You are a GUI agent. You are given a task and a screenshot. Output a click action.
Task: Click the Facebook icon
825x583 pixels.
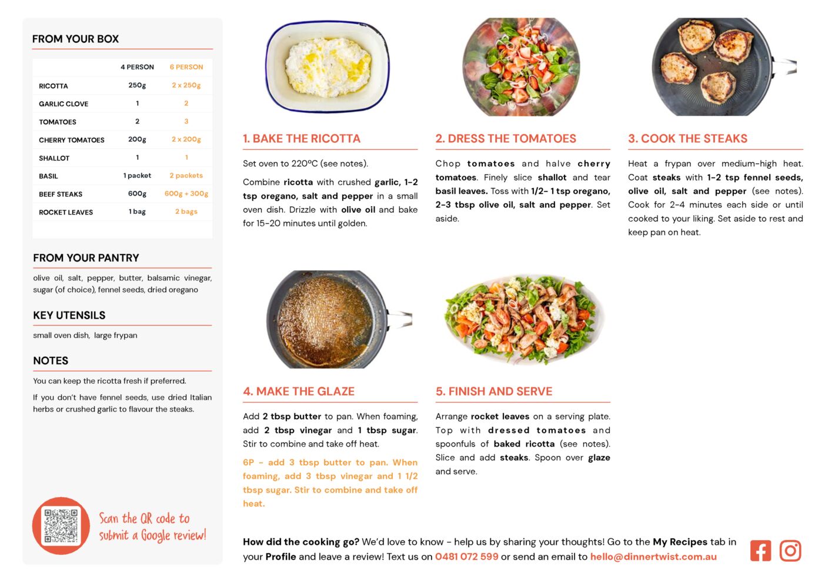coord(760,550)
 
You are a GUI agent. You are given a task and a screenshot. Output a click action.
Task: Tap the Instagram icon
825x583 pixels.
coord(790,550)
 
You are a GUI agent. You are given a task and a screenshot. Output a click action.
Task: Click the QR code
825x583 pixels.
coord(61,525)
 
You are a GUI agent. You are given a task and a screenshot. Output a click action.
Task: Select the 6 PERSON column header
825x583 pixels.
coord(186,67)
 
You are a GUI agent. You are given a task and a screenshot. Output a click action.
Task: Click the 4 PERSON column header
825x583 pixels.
coord(137,67)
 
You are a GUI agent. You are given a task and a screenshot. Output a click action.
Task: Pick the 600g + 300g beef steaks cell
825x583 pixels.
coord(186,193)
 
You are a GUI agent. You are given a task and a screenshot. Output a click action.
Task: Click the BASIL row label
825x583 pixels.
coord(48,176)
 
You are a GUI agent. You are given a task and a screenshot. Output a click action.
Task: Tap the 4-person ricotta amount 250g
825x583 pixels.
coord(137,85)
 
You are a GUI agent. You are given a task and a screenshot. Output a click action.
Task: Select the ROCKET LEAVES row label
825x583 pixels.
coord(65,212)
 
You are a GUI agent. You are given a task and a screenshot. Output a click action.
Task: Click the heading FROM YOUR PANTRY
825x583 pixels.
coord(86,257)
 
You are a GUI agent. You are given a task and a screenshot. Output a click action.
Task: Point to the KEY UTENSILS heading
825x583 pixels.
coord(69,315)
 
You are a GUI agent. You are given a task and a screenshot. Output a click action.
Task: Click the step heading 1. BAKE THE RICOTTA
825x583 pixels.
coord(301,138)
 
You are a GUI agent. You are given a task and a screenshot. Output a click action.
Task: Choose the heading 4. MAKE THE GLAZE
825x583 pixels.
coord(298,391)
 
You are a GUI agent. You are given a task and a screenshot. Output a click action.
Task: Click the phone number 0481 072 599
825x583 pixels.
coord(466,556)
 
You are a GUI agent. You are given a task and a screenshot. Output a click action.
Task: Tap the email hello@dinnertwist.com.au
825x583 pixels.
coord(653,556)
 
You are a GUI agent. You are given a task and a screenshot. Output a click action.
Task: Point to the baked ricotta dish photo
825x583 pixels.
coord(327,66)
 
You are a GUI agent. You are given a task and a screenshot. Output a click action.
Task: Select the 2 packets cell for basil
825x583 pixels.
coord(186,176)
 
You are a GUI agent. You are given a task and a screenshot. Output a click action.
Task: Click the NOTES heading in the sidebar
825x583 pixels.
coord(51,360)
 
